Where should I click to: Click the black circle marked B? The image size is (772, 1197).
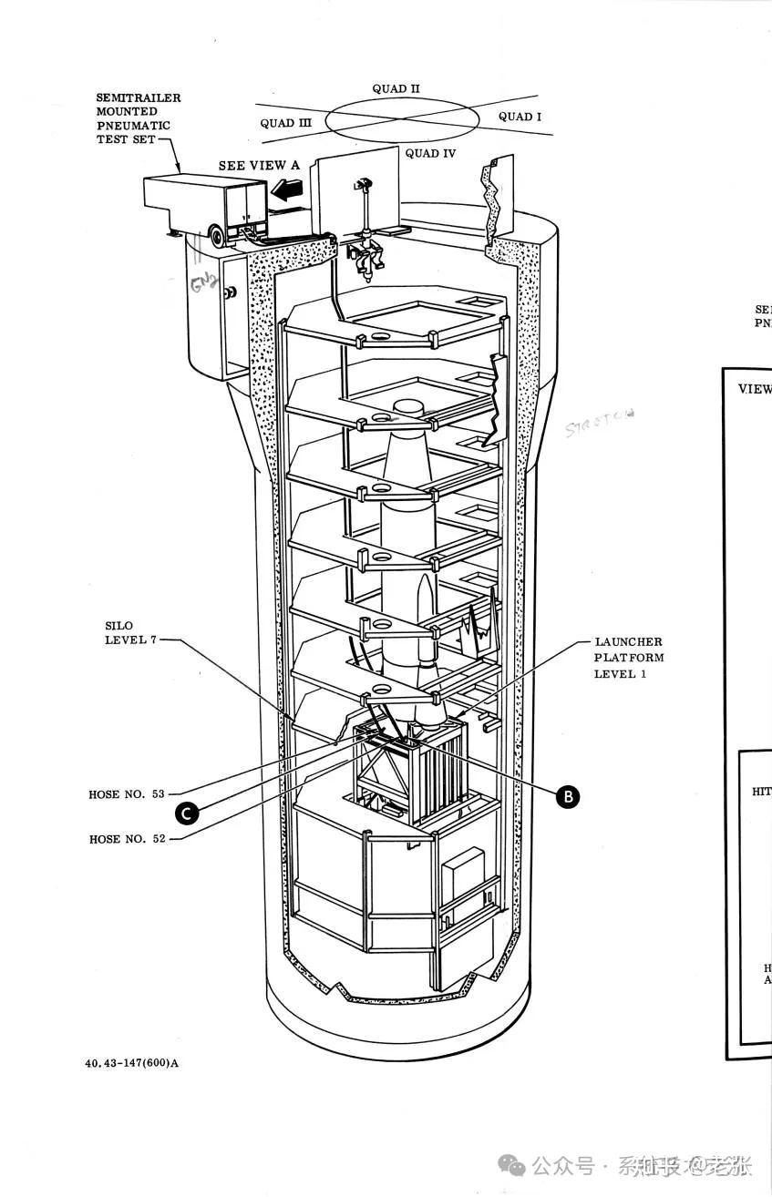(x=568, y=796)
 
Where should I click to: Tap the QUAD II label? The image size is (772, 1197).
(x=396, y=89)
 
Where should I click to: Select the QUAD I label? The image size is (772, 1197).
(x=520, y=117)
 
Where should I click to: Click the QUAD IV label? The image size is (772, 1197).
(x=430, y=154)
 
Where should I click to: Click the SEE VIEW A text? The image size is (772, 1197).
(x=258, y=166)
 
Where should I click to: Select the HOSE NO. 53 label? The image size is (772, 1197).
(x=127, y=794)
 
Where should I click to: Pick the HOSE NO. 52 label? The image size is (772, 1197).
(x=127, y=839)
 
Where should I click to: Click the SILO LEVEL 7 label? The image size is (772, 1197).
(x=130, y=632)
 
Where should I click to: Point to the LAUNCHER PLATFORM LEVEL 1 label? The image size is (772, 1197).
(x=629, y=658)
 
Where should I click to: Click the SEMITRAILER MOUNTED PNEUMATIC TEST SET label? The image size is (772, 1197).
(x=139, y=118)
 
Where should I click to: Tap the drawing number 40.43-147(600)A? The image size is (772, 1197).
(x=131, y=1062)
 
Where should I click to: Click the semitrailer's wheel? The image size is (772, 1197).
(x=219, y=238)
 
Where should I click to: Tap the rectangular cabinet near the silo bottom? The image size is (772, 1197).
(x=462, y=878)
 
